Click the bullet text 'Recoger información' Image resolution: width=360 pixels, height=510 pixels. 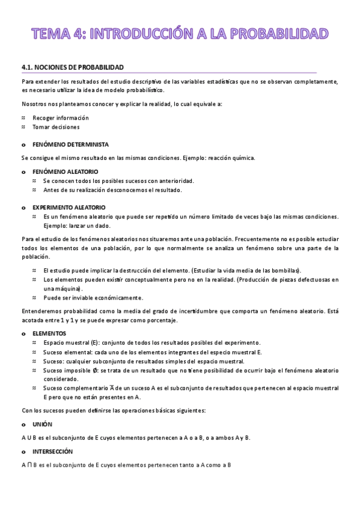pyautogui.click(x=61, y=118)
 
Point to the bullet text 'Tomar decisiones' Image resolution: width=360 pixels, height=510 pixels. pyautogui.click(x=56, y=127)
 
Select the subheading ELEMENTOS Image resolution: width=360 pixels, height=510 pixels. pyautogui.click(x=49, y=333)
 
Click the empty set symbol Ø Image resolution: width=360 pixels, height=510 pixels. pyautogui.click(x=96, y=371)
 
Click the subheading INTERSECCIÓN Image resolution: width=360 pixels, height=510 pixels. pyautogui.click(x=52, y=451)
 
